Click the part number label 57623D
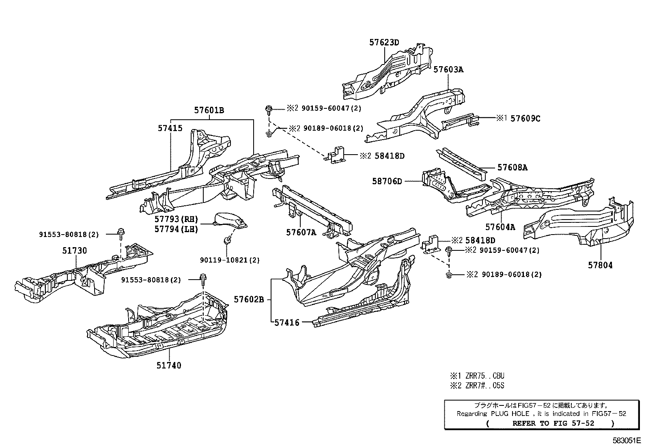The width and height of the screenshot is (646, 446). tap(384, 42)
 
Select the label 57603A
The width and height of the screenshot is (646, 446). tap(448, 69)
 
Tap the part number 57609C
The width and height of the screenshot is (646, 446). tap(525, 119)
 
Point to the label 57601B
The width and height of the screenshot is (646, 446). tap(209, 110)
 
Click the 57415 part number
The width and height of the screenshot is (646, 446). tap(170, 128)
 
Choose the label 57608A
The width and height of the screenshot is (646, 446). tap(512, 167)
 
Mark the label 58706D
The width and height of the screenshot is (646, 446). tap(387, 181)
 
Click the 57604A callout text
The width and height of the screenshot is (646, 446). tap(500, 227)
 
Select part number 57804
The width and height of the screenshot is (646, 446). tap(600, 265)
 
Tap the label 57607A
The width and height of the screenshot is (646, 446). tap(301, 233)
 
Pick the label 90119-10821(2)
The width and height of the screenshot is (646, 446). tap(230, 260)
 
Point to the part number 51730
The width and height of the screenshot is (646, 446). tap(74, 251)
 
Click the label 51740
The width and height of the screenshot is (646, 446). tap(168, 365)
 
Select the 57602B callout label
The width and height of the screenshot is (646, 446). tap(249, 300)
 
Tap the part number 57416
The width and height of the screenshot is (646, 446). tap(286, 323)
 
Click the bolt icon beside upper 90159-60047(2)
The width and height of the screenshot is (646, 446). tap(268, 108)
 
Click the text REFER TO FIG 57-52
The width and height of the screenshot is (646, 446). tap(553, 423)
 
